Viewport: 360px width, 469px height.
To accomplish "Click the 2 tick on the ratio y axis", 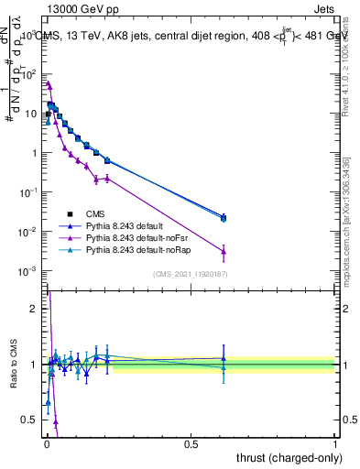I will click(x=34, y=309).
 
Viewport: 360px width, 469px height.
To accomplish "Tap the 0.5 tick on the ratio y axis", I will click(x=30, y=420).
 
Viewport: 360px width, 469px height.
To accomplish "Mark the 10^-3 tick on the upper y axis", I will click(x=27, y=271).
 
